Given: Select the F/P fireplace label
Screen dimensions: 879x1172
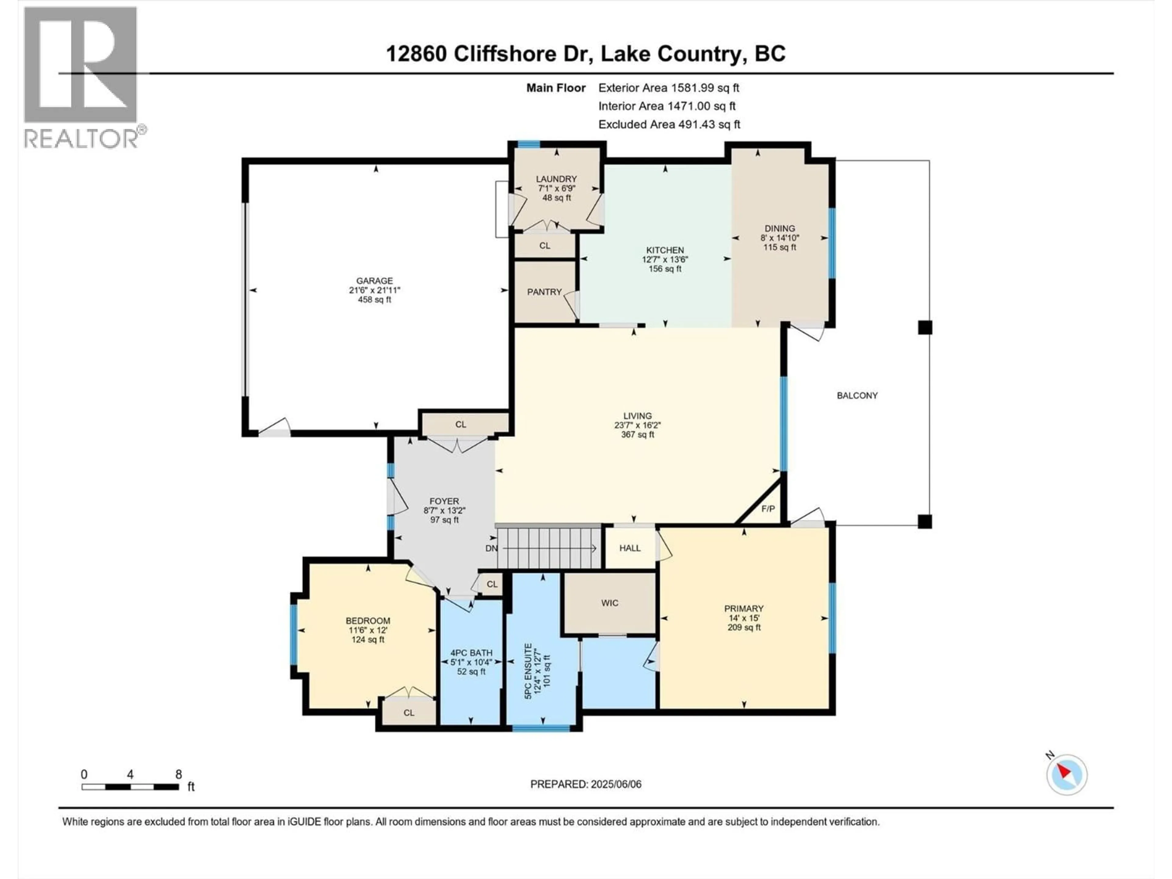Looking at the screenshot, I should (x=768, y=509).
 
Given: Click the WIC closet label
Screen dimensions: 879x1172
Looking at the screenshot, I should (x=610, y=603).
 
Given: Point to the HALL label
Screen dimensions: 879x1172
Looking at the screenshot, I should (x=630, y=548).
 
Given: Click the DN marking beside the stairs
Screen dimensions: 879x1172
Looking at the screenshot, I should (x=491, y=548).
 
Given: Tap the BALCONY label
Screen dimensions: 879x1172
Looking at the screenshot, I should (x=857, y=395).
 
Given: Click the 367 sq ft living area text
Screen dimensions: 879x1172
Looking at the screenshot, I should (x=637, y=435).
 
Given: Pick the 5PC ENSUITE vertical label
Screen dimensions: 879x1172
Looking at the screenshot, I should (x=528, y=671).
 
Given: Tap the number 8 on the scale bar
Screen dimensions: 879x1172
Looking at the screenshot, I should (x=179, y=775).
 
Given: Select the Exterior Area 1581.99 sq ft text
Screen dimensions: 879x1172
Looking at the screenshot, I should (x=669, y=88).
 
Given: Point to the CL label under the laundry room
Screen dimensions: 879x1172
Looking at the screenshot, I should (x=545, y=246).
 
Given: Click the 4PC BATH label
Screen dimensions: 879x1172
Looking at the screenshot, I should (x=471, y=653).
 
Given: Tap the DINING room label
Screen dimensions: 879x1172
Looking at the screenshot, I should (x=780, y=228).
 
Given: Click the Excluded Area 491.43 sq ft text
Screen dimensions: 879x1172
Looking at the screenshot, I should (x=669, y=125).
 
